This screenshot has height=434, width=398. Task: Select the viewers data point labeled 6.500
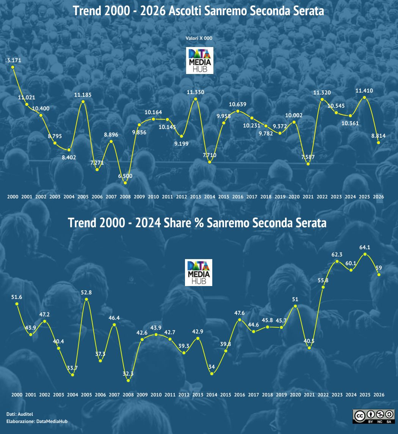point(125,183)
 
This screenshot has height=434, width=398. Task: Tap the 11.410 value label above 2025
point(364,91)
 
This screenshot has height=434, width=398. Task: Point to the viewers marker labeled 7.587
point(308,164)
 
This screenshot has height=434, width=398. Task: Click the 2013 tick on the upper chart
point(196,197)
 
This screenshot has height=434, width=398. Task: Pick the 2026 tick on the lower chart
point(378,395)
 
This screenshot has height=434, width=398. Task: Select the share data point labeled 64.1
point(365,254)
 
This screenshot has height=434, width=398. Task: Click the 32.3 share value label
point(128,373)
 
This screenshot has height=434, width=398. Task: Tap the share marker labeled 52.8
point(86,299)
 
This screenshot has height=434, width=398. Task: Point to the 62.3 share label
point(337,254)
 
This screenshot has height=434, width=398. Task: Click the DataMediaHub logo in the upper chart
point(199,61)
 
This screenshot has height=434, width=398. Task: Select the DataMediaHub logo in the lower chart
point(199,272)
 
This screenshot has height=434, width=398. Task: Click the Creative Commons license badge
point(373,416)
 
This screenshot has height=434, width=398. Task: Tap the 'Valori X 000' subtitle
point(199,38)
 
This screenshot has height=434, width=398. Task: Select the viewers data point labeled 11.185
point(83,101)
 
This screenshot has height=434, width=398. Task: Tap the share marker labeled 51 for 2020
point(295,306)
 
